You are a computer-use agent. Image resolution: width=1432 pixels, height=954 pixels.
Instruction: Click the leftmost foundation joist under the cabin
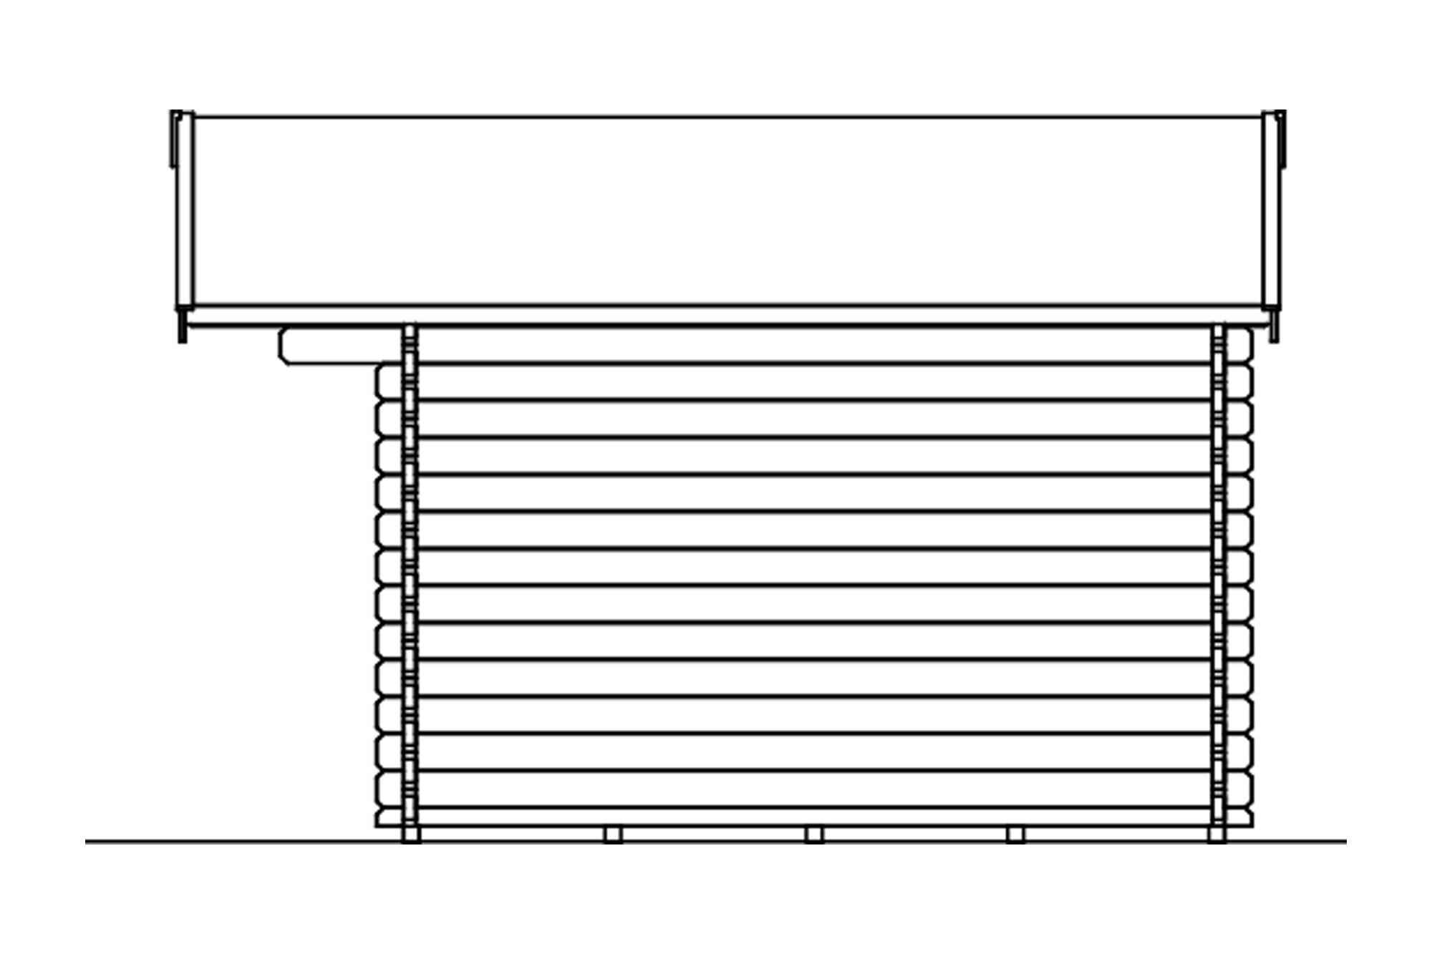point(411,834)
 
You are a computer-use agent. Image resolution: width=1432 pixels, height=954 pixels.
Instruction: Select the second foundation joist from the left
point(612,834)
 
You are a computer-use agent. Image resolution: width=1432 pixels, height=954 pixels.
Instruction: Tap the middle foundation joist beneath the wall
point(813,834)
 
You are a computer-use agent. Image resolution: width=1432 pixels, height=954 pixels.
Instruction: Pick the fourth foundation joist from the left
point(1015,834)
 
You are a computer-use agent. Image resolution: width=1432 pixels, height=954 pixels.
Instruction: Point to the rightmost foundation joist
point(1216,834)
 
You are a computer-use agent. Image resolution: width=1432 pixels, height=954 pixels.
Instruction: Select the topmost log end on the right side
point(1239,346)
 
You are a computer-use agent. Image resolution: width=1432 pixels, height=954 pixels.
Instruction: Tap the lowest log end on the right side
point(1239,818)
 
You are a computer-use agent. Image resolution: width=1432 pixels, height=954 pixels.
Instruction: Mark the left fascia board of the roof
point(185,211)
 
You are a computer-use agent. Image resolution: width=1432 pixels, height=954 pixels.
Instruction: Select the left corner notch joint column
point(410,573)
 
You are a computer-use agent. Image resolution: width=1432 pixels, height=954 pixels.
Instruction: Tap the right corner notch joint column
point(1218,573)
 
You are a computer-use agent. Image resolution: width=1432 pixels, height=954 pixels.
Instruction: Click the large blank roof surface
point(727,211)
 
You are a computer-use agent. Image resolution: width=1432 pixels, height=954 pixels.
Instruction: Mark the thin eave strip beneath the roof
point(727,316)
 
